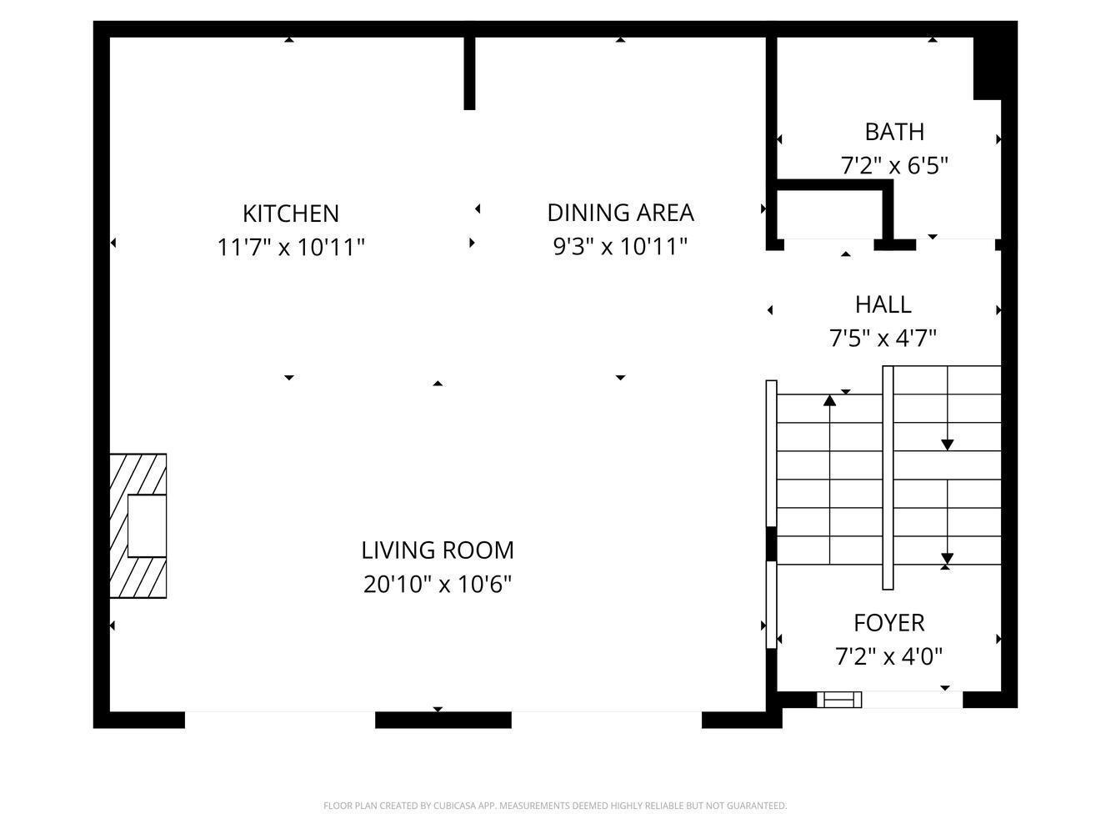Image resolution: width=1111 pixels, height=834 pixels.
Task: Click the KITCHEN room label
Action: coord(291,214)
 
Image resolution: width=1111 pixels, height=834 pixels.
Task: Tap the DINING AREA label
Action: coord(620,213)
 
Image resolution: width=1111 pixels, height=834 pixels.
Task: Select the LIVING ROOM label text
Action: coord(438,550)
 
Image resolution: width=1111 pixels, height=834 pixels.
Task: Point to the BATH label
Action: coord(893,132)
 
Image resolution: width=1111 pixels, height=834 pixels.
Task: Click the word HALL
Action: coord(883,305)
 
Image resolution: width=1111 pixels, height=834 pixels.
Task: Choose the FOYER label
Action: coord(888,623)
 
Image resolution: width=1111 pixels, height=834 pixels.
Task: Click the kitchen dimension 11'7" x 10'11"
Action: coord(291,248)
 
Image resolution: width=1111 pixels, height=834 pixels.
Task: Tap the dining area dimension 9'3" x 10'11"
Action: coord(620,247)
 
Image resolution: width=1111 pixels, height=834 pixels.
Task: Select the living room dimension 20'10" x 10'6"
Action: coord(438,585)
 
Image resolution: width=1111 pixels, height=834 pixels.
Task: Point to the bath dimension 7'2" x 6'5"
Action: coord(893,166)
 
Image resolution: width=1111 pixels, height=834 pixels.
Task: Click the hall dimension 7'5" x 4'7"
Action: coord(883,338)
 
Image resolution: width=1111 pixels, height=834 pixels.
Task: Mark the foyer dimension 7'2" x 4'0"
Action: coord(888,656)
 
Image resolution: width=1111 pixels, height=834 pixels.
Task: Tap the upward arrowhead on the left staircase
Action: coord(829,400)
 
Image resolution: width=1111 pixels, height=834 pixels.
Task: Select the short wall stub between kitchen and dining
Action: coord(469,73)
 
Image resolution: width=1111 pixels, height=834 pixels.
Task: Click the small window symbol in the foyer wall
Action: coord(839,699)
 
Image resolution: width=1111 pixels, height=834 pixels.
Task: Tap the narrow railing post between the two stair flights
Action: coord(888,478)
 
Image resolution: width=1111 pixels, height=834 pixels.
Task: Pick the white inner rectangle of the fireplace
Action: coord(147,526)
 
